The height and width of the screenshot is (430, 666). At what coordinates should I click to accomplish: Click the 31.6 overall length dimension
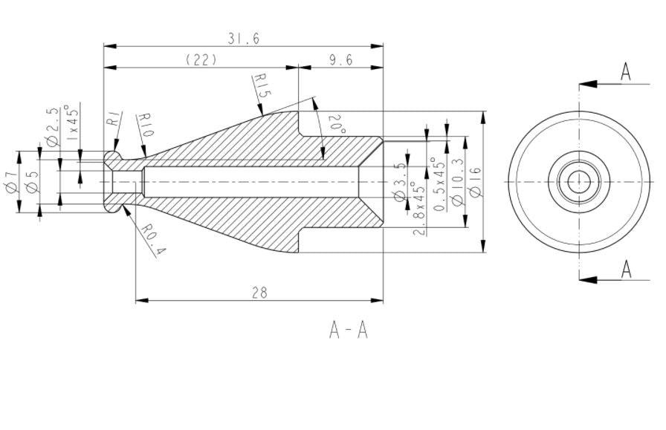coord(244,38)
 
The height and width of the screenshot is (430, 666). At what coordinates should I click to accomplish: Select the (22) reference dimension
coord(201,60)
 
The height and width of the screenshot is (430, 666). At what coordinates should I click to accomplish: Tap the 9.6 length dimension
coord(340,60)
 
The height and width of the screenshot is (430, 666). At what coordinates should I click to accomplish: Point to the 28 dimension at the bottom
coord(259,293)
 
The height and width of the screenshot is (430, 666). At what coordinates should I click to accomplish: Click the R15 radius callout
coord(261,86)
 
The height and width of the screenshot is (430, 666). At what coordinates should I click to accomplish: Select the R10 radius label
coord(145,125)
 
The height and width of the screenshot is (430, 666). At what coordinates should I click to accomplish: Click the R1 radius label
coord(114,119)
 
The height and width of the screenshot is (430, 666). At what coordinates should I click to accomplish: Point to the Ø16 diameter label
coord(475,182)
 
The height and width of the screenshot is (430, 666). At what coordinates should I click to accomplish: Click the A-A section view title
coord(349,329)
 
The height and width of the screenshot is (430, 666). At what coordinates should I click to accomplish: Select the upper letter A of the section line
coord(626,71)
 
